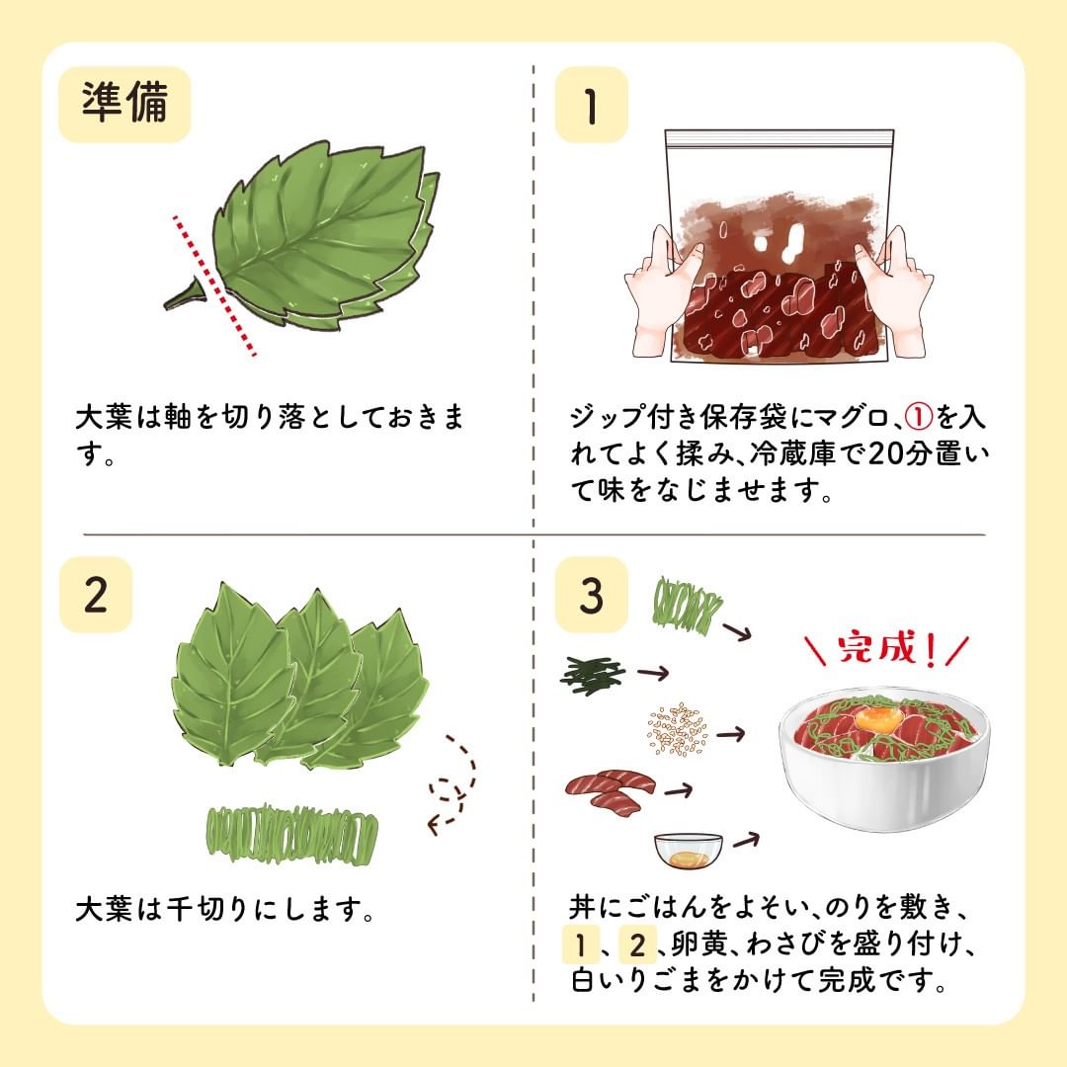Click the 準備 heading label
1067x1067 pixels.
[x=124, y=104]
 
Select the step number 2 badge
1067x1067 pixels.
[x=96, y=594]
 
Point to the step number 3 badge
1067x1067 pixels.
[x=591, y=594]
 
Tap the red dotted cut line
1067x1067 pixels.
[x=214, y=286]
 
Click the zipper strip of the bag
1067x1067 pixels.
[x=780, y=139]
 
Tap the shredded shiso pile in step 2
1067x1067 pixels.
[x=291, y=833]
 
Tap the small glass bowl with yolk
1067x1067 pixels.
[x=689, y=851]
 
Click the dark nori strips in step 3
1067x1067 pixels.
[x=593, y=674]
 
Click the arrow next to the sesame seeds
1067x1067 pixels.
[x=731, y=734]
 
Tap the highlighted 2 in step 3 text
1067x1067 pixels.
[x=637, y=944]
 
